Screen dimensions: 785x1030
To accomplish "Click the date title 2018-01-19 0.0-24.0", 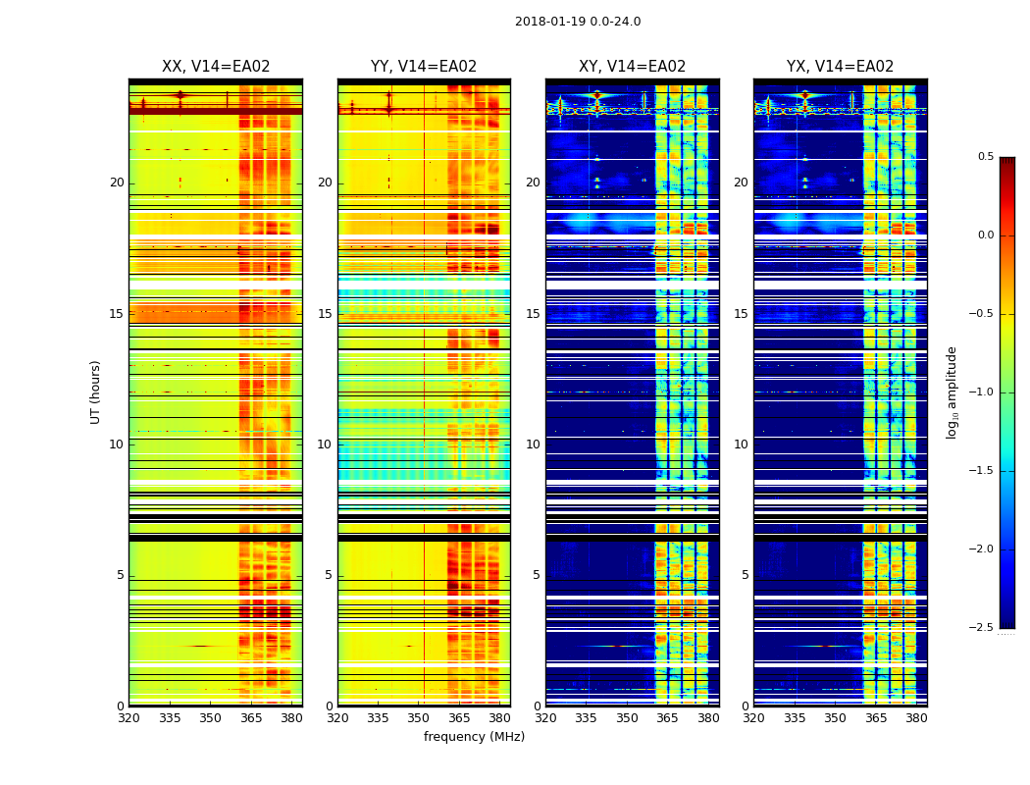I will pos(578,22).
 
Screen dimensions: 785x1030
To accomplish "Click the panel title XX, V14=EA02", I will pos(216,67).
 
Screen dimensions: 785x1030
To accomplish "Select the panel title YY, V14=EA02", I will pos(424,67).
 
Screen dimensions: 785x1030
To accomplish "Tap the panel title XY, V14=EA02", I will pos(632,67).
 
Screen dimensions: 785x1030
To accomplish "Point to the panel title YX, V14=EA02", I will pos(840,67).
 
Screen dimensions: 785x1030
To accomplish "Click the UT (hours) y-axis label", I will pos(96,392).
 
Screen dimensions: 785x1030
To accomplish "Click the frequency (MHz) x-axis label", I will pos(474,737).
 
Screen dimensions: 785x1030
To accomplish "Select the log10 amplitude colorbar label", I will pos(952,392).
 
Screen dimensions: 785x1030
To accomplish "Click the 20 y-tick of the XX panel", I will pos(117,183).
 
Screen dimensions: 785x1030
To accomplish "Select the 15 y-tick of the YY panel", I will pos(326,314).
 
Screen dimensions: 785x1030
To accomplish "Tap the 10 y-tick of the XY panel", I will pos(533,445).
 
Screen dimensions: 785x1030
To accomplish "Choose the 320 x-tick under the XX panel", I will pos(129,718).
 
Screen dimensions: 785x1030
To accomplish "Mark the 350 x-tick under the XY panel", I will pos(627,718).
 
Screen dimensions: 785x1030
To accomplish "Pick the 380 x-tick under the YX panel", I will pos(916,718).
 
